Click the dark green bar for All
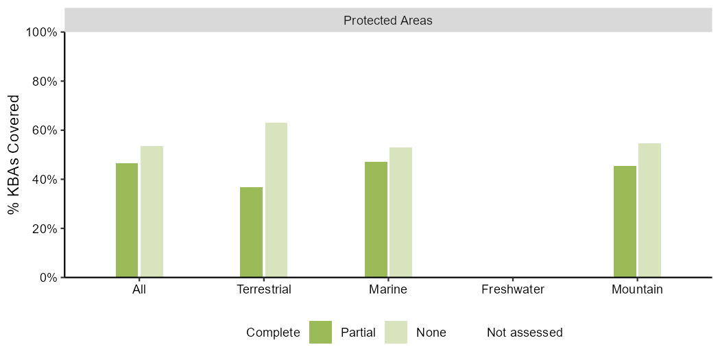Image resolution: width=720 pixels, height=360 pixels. click(x=127, y=220)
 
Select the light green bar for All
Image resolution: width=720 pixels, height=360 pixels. click(x=152, y=212)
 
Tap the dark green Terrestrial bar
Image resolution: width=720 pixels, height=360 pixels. click(x=251, y=232)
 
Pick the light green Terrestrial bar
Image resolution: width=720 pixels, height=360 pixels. click(x=276, y=200)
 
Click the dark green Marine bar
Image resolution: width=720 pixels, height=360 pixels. click(x=376, y=219)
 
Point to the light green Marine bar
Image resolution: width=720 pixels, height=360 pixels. click(x=401, y=213)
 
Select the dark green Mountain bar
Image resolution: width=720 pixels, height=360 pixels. click(x=625, y=221)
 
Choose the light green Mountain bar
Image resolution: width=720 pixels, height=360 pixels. click(x=650, y=211)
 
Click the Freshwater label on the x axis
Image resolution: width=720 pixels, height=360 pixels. click(x=513, y=290)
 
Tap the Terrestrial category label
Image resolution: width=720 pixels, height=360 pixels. click(x=264, y=290)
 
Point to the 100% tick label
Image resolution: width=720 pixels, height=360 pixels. click(x=41, y=32)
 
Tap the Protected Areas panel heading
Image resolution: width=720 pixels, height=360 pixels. click(x=388, y=21)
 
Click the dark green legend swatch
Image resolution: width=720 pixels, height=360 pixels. click(x=320, y=332)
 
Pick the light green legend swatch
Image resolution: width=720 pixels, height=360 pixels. click(x=396, y=332)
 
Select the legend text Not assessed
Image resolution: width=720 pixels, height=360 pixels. click(x=525, y=332)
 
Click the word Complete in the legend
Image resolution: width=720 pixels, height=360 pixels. click(x=273, y=333)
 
